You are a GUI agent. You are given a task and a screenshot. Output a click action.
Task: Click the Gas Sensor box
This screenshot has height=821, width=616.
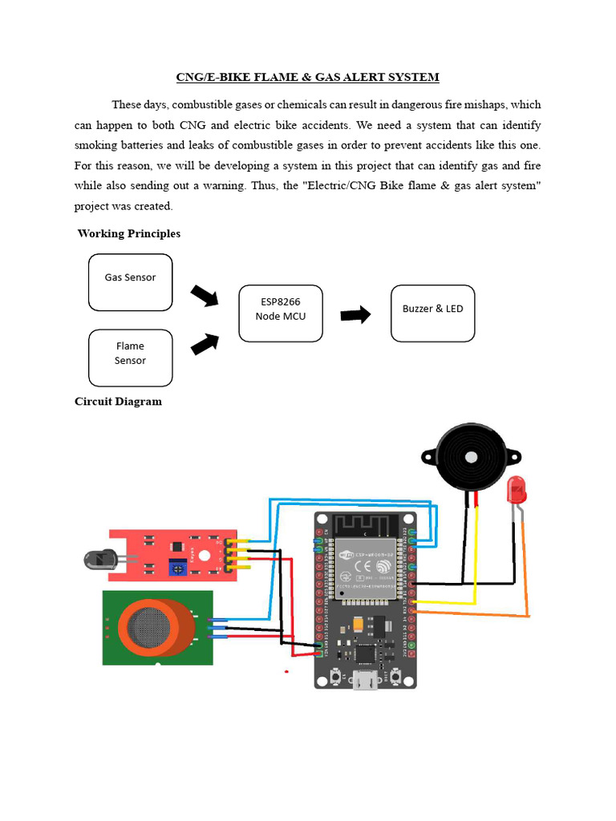pos(130,281)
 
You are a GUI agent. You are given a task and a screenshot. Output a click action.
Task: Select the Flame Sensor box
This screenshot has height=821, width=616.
pos(130,357)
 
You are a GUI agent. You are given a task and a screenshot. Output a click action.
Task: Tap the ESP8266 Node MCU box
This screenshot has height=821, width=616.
pos(281,313)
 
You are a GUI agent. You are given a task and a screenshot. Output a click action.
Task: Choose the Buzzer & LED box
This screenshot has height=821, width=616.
pos(432,312)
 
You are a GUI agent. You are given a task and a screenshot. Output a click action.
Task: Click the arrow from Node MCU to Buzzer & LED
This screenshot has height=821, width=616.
pos(355,314)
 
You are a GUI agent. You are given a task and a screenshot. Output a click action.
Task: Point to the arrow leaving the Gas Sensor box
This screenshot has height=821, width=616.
pos(205,296)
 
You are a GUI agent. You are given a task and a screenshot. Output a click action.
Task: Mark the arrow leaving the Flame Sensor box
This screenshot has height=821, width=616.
pos(205,343)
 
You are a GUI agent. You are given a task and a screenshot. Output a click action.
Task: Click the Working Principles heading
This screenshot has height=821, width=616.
pos(129,233)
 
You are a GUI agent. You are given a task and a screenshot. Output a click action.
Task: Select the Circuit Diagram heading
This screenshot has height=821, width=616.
pos(118,401)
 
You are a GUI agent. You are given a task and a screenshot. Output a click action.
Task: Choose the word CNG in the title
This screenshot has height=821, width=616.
pos(189,77)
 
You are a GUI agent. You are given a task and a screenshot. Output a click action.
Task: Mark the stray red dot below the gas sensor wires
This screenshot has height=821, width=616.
pos(286,670)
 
